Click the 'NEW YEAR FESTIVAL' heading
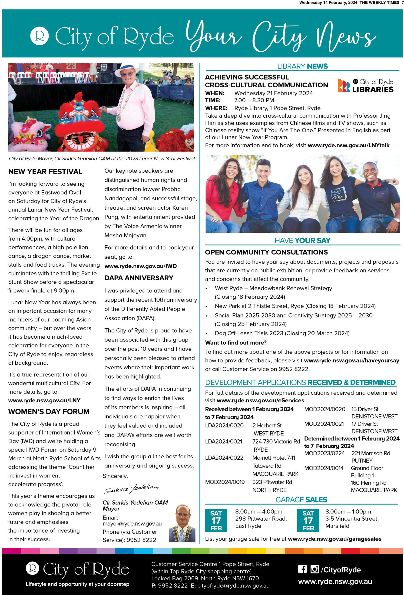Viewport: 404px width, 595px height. pyautogui.click(x=45, y=172)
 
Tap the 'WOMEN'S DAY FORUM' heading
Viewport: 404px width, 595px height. pyautogui.click(x=49, y=411)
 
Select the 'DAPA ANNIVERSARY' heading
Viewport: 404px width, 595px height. pyautogui.click(x=139, y=278)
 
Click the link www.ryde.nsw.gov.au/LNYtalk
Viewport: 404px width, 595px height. pyautogui.click(x=348, y=145)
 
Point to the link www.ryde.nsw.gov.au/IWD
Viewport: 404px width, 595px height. pyautogui.click(x=140, y=266)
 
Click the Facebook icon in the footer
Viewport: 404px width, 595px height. pyautogui.click(x=302, y=569)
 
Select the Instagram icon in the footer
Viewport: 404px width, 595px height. pyautogui.click(x=315, y=569)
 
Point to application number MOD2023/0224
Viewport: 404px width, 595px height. pyautogui.click(x=324, y=453)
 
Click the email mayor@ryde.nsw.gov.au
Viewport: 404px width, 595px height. pyautogui.click(x=132, y=524)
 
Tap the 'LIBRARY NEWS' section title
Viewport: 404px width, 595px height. pyautogui.click(x=302, y=66)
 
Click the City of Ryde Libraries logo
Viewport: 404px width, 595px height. pyautogui.click(x=365, y=86)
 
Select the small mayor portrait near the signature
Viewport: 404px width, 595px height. pyautogui.click(x=182, y=523)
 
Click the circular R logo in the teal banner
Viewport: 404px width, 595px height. pyautogui.click(x=39, y=36)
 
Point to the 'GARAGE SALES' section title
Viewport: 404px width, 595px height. pyautogui.click(x=301, y=500)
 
